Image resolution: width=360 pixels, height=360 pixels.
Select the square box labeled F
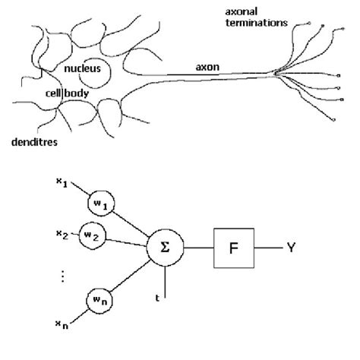pyautogui.click(x=235, y=247)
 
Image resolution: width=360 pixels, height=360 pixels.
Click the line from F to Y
pyautogui.click(x=269, y=247)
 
